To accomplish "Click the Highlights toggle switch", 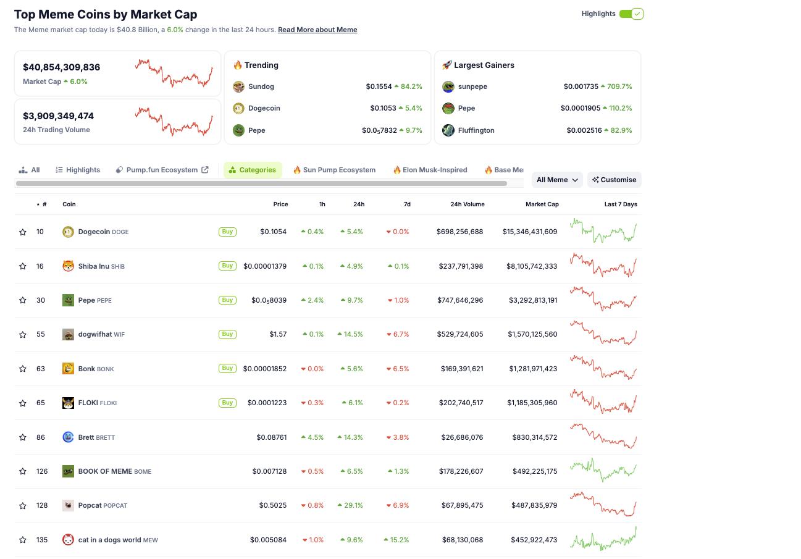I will (x=631, y=14).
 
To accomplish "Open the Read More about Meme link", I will (x=317, y=30).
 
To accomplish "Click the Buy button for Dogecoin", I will (x=227, y=232).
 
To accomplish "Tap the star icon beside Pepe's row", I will (x=23, y=300).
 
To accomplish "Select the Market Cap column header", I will (x=542, y=204).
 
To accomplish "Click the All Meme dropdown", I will (x=556, y=180).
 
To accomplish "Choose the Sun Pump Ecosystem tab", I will (x=334, y=170).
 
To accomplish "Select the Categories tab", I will (x=253, y=170).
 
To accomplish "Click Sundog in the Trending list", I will (x=261, y=86).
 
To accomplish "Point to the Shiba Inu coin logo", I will (x=68, y=266).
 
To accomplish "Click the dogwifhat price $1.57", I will (x=278, y=334).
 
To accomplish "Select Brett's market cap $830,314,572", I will (x=534, y=437).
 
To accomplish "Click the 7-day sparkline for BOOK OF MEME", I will (x=603, y=471).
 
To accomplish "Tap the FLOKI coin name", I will (x=88, y=403).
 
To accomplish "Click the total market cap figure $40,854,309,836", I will (x=61, y=67).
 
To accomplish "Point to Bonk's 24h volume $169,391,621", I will (x=462, y=369).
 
